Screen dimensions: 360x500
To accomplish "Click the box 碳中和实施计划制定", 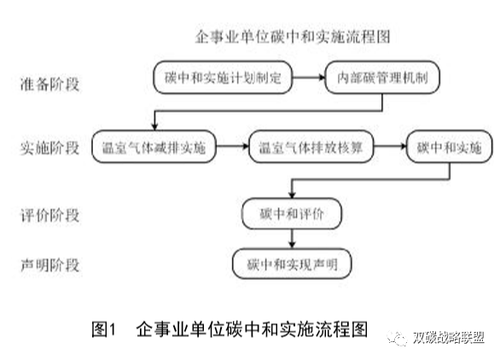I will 225,78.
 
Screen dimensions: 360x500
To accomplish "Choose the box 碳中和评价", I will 293,211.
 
